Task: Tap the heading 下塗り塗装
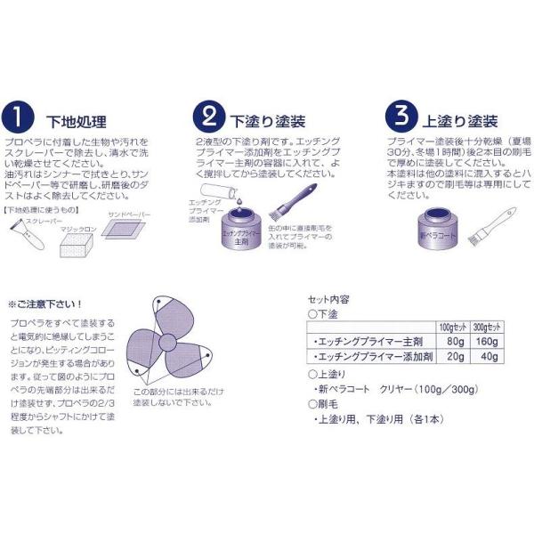tap(263, 121)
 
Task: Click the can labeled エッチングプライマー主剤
tap(237, 236)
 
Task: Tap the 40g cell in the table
tap(486, 357)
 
